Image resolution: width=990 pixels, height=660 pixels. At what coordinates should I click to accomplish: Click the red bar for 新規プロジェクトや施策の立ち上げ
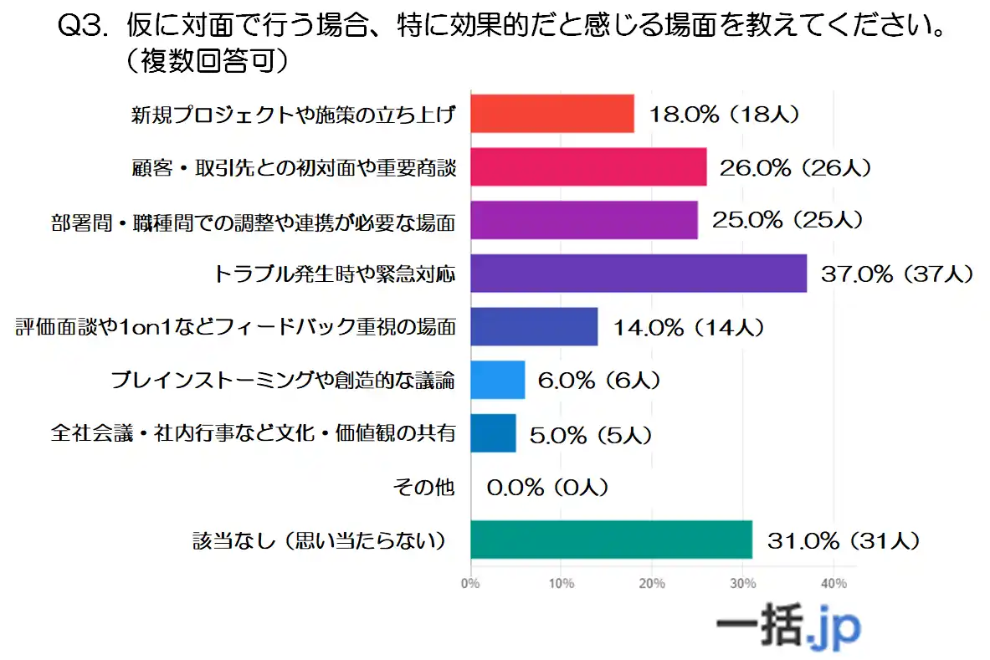pyautogui.click(x=551, y=114)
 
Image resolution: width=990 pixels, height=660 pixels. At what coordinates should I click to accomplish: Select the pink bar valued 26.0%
pyautogui.click(x=588, y=166)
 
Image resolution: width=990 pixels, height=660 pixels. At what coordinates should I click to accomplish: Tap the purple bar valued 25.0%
pyautogui.click(x=583, y=220)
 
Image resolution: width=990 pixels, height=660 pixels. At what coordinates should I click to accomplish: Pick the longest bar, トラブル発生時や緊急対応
pyautogui.click(x=639, y=274)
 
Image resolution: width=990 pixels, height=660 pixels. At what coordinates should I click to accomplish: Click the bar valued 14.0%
pyautogui.click(x=534, y=327)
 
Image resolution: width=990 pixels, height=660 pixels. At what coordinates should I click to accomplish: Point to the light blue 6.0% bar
pyautogui.click(x=497, y=380)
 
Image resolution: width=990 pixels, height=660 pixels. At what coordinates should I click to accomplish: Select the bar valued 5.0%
pyautogui.click(x=493, y=433)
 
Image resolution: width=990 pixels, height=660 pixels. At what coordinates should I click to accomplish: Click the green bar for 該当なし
pyautogui.click(x=611, y=540)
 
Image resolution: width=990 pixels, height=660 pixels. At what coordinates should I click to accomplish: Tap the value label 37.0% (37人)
pyautogui.click(x=896, y=274)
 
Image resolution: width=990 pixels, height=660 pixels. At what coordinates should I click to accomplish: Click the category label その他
pyautogui.click(x=434, y=487)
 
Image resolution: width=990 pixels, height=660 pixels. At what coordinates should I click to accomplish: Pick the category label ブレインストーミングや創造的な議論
pyautogui.click(x=283, y=381)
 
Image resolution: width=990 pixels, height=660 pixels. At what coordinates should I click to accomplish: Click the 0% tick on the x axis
pyautogui.click(x=470, y=583)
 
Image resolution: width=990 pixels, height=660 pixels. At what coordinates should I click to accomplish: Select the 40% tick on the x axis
pyautogui.click(x=834, y=583)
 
